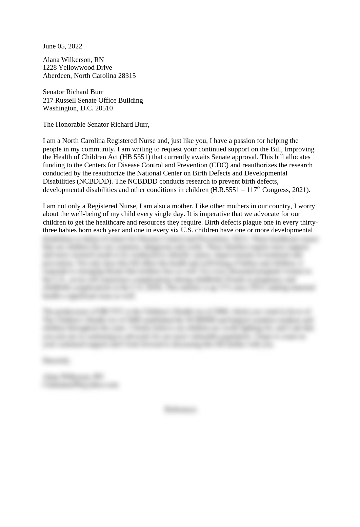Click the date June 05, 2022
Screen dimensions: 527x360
pyautogui.click(x=62, y=46)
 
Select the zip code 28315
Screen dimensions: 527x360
pyautogui.click(x=127, y=76)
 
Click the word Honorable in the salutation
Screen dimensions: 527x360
pyautogui.click(x=71, y=125)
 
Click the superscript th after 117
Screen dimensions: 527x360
pyautogui.click(x=259, y=188)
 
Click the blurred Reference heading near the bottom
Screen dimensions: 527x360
pyautogui.click(x=180, y=409)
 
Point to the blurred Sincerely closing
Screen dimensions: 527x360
pyautogui.click(x=56, y=361)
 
